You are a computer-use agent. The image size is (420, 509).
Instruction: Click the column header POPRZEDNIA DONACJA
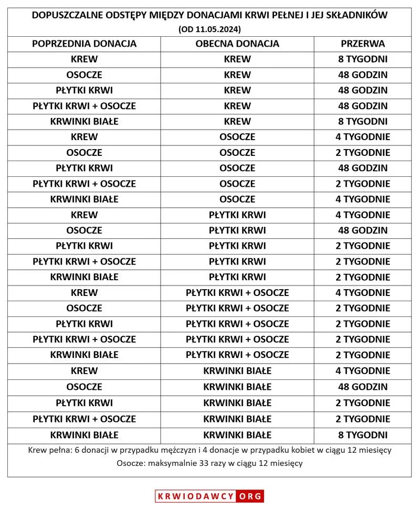84,44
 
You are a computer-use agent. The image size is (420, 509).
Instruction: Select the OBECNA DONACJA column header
237,44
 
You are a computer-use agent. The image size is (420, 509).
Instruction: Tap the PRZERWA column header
363,44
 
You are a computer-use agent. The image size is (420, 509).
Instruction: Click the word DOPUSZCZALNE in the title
66,16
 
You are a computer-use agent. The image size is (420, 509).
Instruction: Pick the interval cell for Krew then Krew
363,59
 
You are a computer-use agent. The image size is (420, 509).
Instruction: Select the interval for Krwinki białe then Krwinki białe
363,435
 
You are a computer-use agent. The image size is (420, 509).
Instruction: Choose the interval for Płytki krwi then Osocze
363,168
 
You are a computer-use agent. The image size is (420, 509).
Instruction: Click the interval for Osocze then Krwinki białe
363,387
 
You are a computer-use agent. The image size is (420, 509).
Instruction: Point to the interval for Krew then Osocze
363,137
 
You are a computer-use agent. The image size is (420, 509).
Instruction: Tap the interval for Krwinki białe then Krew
363,121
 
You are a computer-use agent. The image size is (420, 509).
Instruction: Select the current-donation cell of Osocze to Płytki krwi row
237,230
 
